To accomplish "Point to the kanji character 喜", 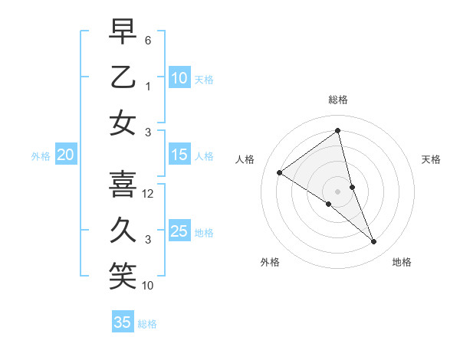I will click(123, 183).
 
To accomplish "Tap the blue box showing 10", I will click(179, 77).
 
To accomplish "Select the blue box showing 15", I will click(179, 155).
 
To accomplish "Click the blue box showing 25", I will click(179, 231).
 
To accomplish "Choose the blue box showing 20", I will click(65, 155).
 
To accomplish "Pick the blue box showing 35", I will click(123, 322).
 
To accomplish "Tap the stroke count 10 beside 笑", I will click(148, 286).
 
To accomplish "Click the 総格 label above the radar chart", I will click(337, 100).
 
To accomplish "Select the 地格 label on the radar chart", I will click(402, 262).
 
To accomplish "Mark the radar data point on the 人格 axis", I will click(280, 172).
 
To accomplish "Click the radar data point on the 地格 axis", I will click(374, 242).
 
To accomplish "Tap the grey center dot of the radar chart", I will click(337, 191).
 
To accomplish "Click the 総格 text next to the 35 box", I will click(147, 324).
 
